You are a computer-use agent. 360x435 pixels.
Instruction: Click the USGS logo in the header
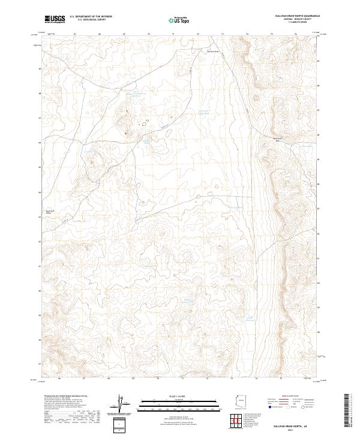coord(55,19)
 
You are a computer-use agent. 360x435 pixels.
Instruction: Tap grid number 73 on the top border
coord(223,34)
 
